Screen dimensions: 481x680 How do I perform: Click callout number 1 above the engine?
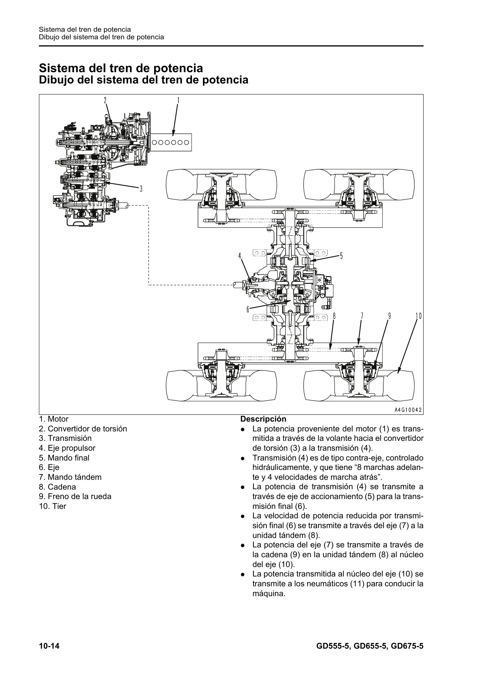[178, 100]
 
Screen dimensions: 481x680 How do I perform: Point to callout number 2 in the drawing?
[105, 100]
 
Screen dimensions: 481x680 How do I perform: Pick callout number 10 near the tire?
[418, 316]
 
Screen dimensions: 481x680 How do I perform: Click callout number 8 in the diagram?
[334, 316]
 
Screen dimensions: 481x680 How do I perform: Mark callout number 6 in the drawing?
[248, 309]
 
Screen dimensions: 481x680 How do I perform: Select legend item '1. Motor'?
[54, 419]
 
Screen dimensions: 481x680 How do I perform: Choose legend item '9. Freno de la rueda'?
[75, 496]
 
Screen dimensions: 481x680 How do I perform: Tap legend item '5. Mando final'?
[64, 458]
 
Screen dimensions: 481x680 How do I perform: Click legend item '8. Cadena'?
[57, 487]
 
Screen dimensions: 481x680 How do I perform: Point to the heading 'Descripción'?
[263, 419]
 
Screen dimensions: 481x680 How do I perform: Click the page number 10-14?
[49, 647]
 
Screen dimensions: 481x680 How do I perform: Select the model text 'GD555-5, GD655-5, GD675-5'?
[370, 647]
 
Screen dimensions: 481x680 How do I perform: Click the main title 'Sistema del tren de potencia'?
[121, 68]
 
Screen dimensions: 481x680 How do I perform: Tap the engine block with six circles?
[171, 142]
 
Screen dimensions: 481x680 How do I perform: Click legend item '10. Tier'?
[53, 506]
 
